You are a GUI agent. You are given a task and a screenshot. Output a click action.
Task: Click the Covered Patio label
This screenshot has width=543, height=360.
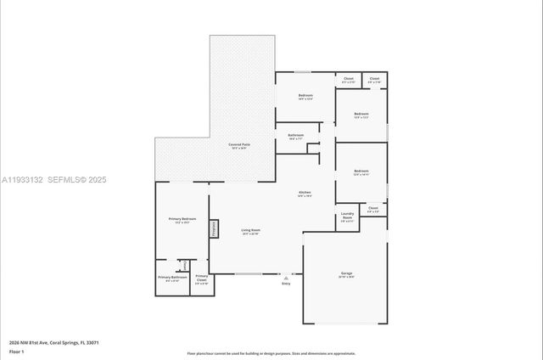coord(239,144)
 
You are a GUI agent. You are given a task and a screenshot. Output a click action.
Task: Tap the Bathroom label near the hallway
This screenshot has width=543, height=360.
coord(296,135)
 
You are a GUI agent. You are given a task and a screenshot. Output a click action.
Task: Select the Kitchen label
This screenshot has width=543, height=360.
coord(305,193)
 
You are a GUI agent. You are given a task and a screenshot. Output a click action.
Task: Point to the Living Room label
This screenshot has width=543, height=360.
coord(250,230)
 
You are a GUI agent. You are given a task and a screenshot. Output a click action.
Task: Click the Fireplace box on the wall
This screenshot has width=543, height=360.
coord(215,228)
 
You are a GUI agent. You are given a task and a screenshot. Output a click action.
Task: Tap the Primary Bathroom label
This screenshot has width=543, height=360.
coord(172,278)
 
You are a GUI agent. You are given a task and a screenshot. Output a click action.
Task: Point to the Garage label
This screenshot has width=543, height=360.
coord(346,273)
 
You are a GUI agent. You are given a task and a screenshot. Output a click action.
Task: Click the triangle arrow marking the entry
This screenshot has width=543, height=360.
coord(286,278)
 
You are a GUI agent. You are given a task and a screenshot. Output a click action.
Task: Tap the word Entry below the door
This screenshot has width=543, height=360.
coord(286,284)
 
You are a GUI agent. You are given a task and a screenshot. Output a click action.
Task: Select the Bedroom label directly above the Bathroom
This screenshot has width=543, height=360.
coord(305,95)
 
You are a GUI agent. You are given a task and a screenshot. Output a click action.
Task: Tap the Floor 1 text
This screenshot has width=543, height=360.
coord(16,352)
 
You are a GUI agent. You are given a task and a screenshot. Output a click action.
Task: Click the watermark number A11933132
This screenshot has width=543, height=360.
coord(20,180)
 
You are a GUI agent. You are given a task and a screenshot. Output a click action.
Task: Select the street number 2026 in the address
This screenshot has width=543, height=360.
coord(14,342)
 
